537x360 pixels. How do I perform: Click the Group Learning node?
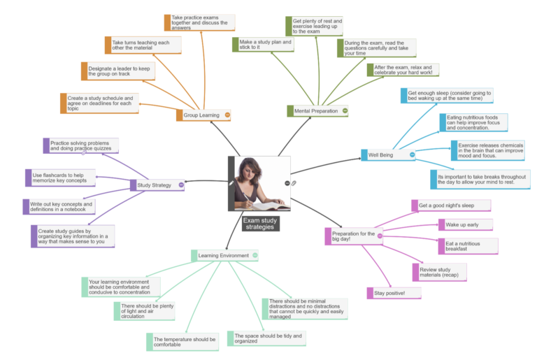tap(201, 115)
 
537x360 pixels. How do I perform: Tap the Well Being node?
tap(381, 154)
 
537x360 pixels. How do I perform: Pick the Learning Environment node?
tap(222, 256)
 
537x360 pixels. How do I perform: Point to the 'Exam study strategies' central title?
tap(260, 224)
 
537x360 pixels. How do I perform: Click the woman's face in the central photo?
tap(249, 170)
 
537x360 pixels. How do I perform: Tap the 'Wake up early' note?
tap(466, 224)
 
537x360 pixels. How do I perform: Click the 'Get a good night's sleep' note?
tap(451, 206)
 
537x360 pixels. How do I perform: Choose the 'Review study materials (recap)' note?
tap(439, 272)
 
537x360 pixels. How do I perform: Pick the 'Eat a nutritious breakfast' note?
tap(468, 246)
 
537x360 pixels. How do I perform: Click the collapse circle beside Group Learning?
tap(227, 115)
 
